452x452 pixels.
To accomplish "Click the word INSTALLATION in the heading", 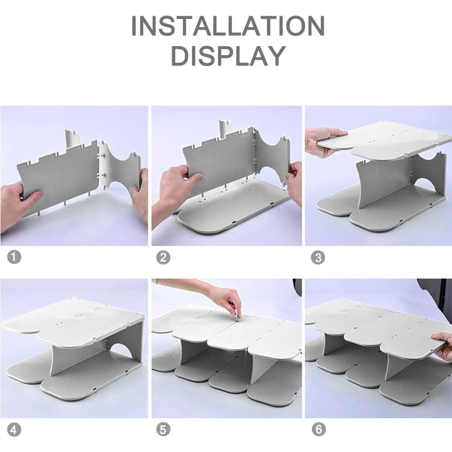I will coord(228,27).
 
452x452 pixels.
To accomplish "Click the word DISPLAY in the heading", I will coord(228,56).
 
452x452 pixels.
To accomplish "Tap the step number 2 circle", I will coord(163,258).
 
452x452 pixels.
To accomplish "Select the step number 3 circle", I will coord(318,258).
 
